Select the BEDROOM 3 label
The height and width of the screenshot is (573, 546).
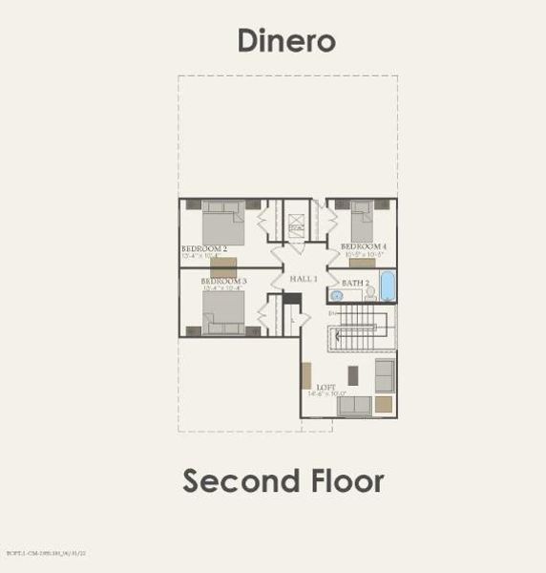click(224, 281)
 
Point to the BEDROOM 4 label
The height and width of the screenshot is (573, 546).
click(364, 246)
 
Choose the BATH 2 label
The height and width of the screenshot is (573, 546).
click(355, 283)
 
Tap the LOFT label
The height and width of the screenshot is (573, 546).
click(326, 387)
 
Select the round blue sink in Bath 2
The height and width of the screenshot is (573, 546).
click(337, 296)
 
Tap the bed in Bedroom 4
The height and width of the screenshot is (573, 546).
click(362, 224)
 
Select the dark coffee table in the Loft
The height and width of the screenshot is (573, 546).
click(353, 374)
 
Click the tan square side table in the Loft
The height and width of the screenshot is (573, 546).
click(383, 405)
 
